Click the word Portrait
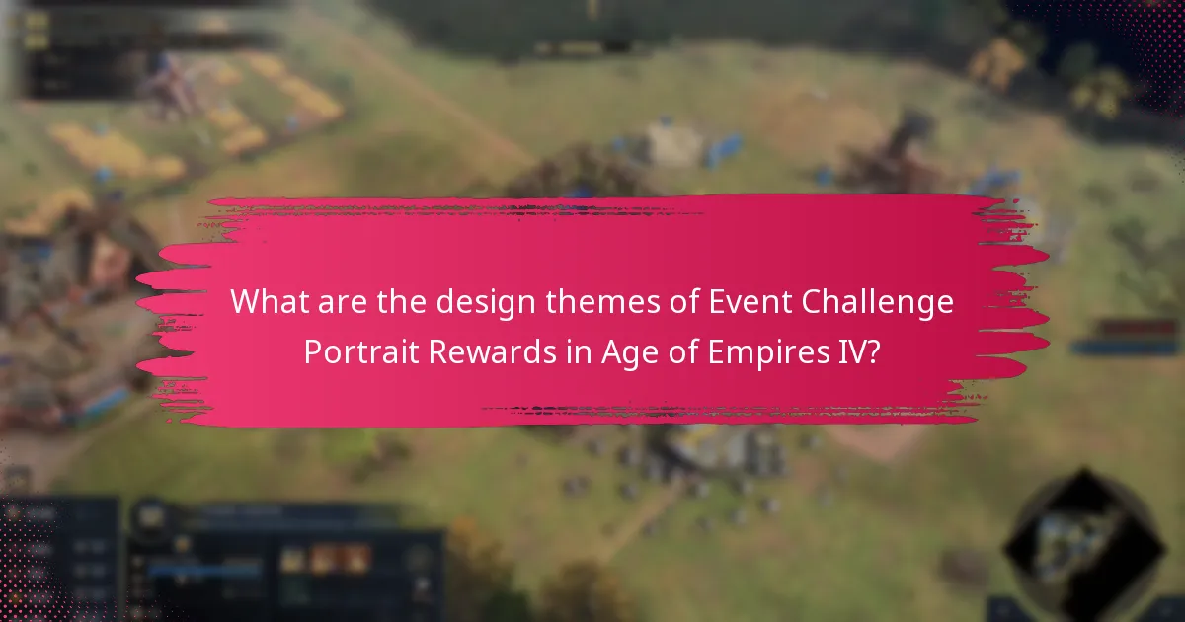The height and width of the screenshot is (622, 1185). coord(349,353)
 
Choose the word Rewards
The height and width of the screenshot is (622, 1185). coord(463,353)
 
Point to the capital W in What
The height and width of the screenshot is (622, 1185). coord(244,303)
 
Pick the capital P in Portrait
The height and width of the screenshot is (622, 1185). coord(312,353)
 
